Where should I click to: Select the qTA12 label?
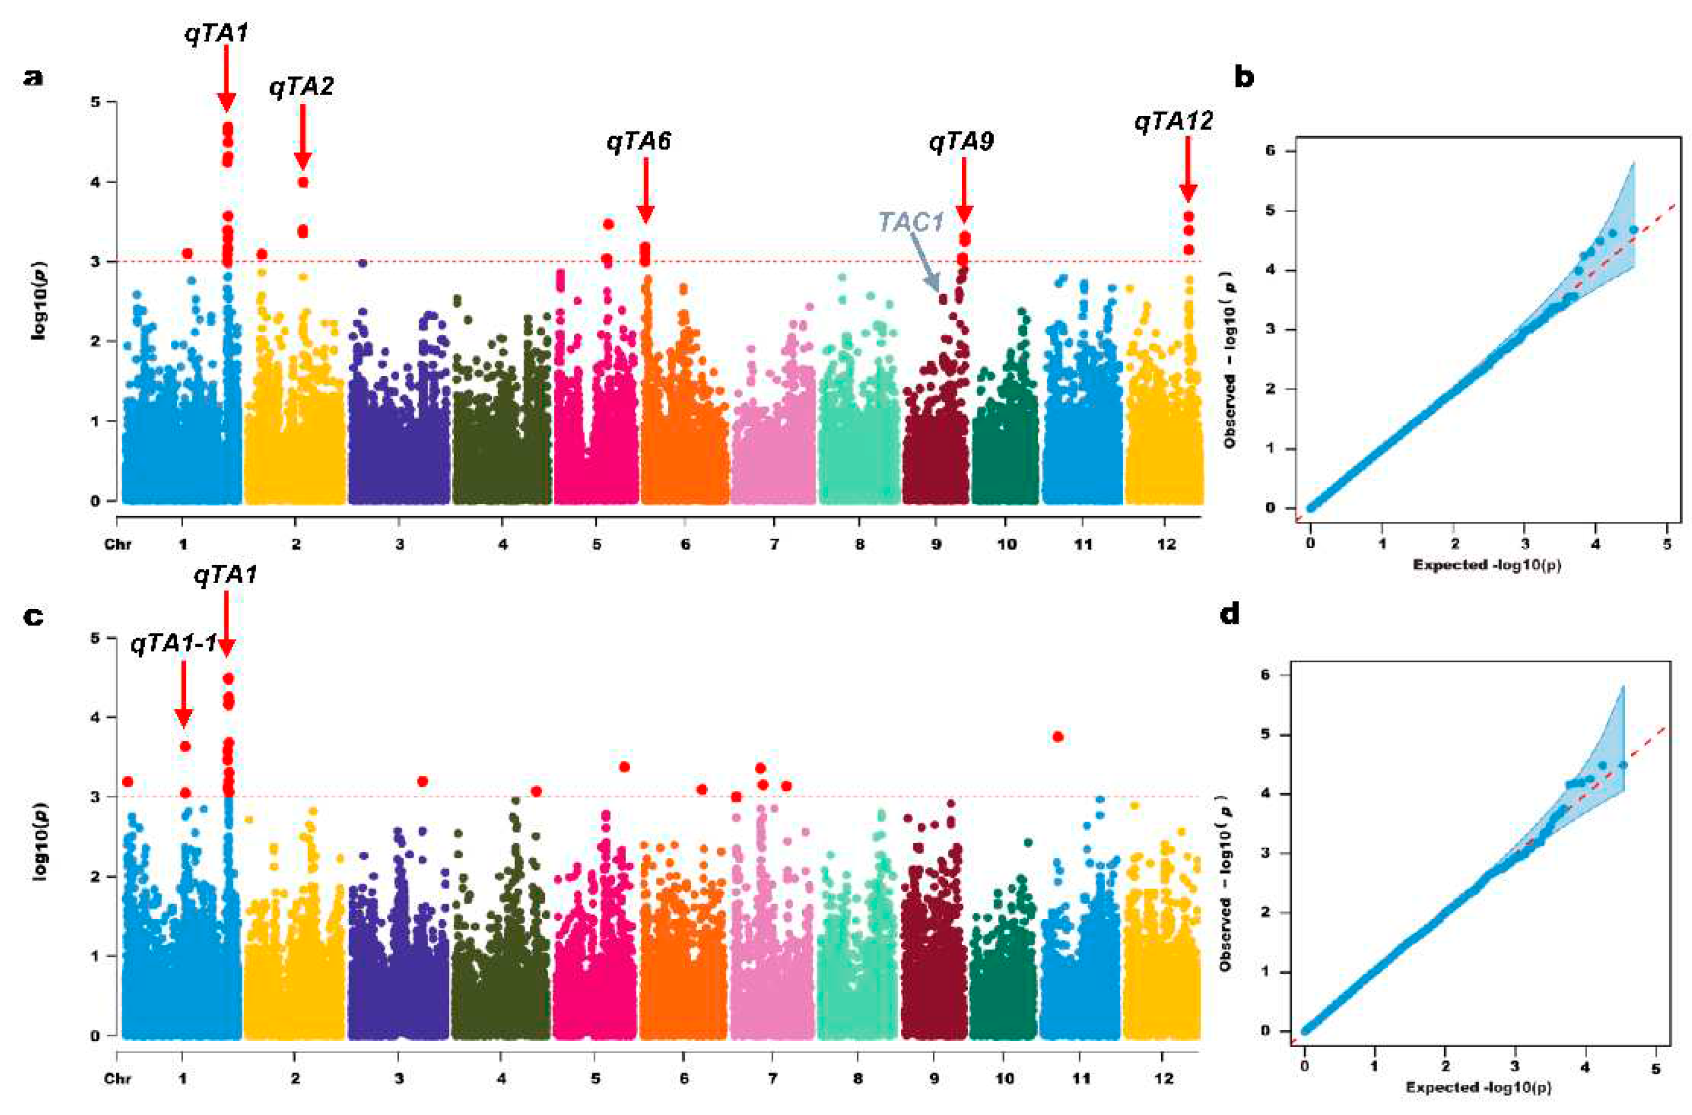point(1173,122)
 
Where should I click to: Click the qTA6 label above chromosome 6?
point(639,142)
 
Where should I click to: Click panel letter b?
point(1244,77)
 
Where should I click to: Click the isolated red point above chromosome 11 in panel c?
point(1058,737)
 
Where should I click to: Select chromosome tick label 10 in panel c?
point(1005,1079)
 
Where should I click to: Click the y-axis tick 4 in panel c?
point(93,718)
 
